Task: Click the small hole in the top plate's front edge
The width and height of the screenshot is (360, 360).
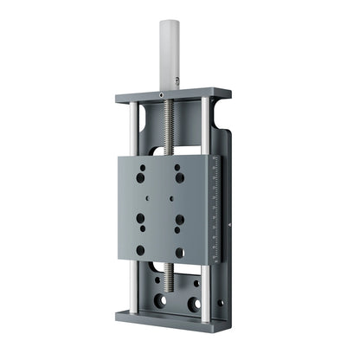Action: tap(161, 93)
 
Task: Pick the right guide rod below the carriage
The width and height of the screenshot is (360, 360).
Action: tap(205, 286)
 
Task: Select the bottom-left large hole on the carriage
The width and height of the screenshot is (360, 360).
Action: tap(140, 250)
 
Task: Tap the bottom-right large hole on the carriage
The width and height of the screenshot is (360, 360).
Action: tap(179, 253)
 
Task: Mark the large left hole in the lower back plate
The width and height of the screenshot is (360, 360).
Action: tap(159, 302)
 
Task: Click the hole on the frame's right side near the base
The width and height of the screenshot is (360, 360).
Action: tap(222, 304)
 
